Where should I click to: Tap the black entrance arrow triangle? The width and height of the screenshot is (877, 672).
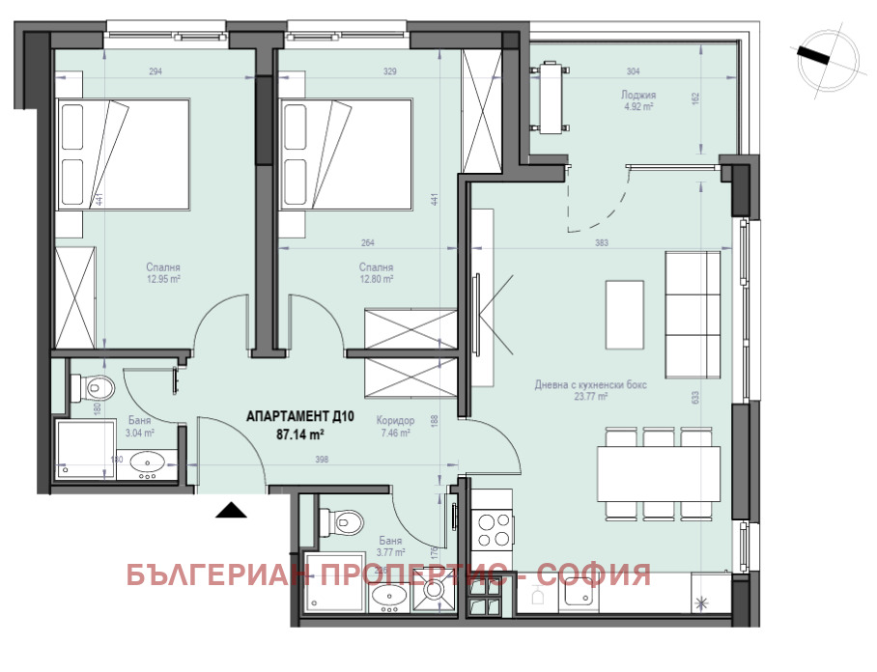tap(229, 510)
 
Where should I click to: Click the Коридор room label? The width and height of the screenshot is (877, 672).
tap(396, 421)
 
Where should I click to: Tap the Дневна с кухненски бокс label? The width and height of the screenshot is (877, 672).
tap(590, 384)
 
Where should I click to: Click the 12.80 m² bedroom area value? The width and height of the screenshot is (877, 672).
tap(375, 279)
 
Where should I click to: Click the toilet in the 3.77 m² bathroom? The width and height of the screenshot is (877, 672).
tap(343, 523)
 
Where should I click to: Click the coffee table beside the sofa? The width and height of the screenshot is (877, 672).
tap(623, 317)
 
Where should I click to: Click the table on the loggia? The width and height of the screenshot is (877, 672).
tap(552, 98)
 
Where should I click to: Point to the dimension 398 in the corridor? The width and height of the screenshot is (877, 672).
tap(322, 461)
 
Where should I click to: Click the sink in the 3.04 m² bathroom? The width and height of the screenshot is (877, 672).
tap(148, 462)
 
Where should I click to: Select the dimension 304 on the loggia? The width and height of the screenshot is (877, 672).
tap(633, 70)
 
